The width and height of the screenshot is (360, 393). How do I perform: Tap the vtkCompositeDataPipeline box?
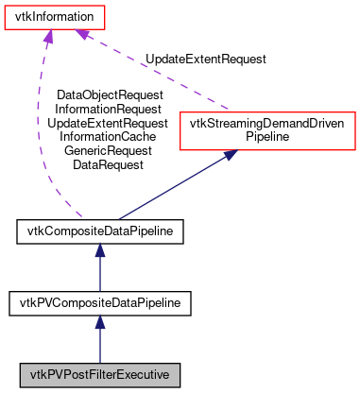(x=99, y=231)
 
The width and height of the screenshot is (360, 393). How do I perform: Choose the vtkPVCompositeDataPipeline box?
(x=99, y=302)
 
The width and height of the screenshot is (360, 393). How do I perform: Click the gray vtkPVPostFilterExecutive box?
(x=99, y=375)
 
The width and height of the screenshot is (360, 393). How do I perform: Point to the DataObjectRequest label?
(x=109, y=95)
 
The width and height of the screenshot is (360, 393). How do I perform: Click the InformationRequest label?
(x=109, y=110)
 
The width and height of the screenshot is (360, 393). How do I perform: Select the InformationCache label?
(x=109, y=136)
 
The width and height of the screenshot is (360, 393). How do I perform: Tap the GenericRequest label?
(x=109, y=150)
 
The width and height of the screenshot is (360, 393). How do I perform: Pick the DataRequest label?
(x=109, y=163)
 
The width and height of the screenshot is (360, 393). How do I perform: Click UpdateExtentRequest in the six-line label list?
(x=109, y=123)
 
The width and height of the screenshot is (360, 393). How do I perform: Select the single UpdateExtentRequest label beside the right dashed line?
(x=205, y=59)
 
